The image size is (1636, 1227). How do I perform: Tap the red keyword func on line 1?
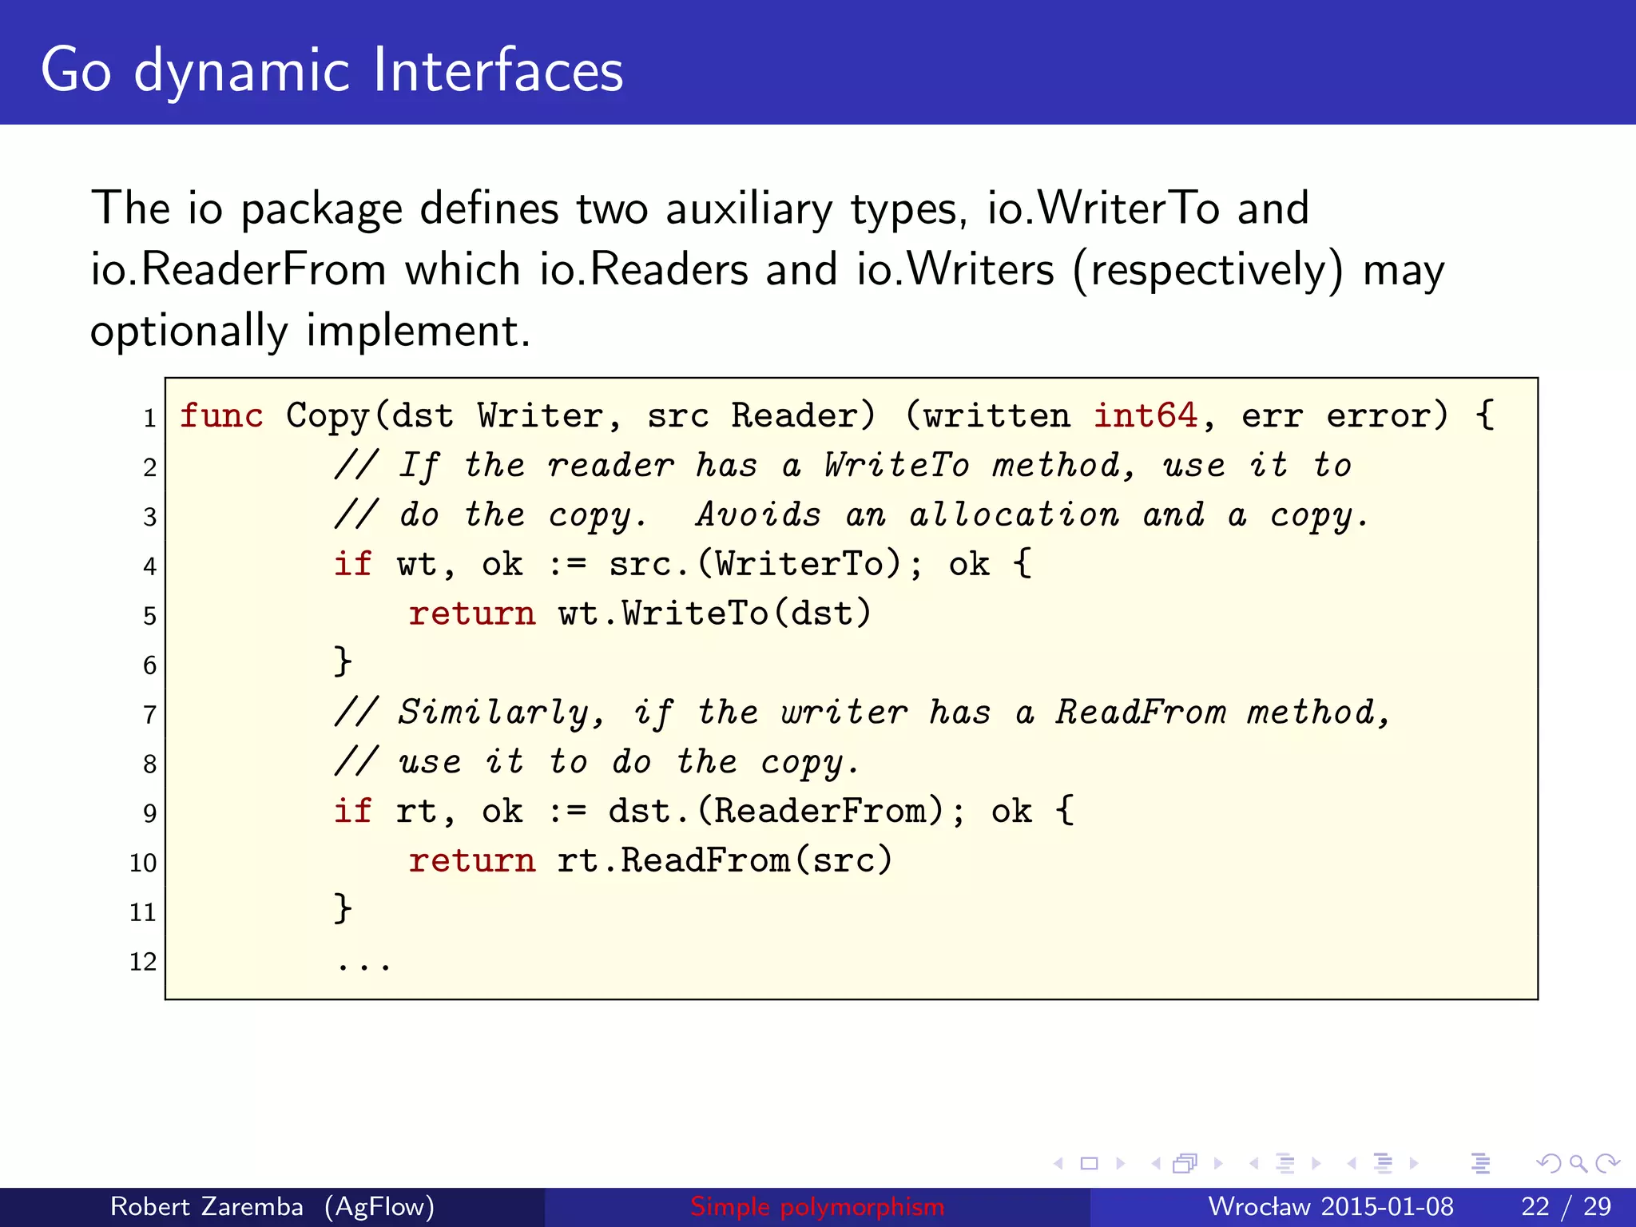pyautogui.click(x=221, y=416)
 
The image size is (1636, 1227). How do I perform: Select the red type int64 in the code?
pyautogui.click(x=1146, y=416)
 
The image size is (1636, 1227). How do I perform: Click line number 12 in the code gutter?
pyautogui.click(x=143, y=961)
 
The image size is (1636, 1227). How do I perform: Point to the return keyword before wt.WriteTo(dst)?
pyautogui.click(x=471, y=614)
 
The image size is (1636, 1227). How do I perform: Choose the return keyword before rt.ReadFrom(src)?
pyautogui.click(x=471, y=861)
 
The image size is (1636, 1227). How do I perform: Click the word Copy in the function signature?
pyautogui.click(x=328, y=416)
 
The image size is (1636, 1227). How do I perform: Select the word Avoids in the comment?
pyautogui.click(x=758, y=515)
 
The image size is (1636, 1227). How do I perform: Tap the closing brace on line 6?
pyautogui.click(x=343, y=663)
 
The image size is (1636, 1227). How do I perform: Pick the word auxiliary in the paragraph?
pyautogui.click(x=749, y=209)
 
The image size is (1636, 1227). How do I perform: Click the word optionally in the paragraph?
pyautogui.click(x=189, y=331)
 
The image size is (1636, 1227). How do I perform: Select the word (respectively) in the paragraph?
pyautogui.click(x=1208, y=270)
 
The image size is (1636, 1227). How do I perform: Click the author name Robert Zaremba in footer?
pyautogui.click(x=206, y=1206)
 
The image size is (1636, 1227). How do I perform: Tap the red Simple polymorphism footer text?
pyautogui.click(x=817, y=1206)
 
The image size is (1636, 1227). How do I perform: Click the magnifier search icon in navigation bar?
pyautogui.click(x=1577, y=1163)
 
